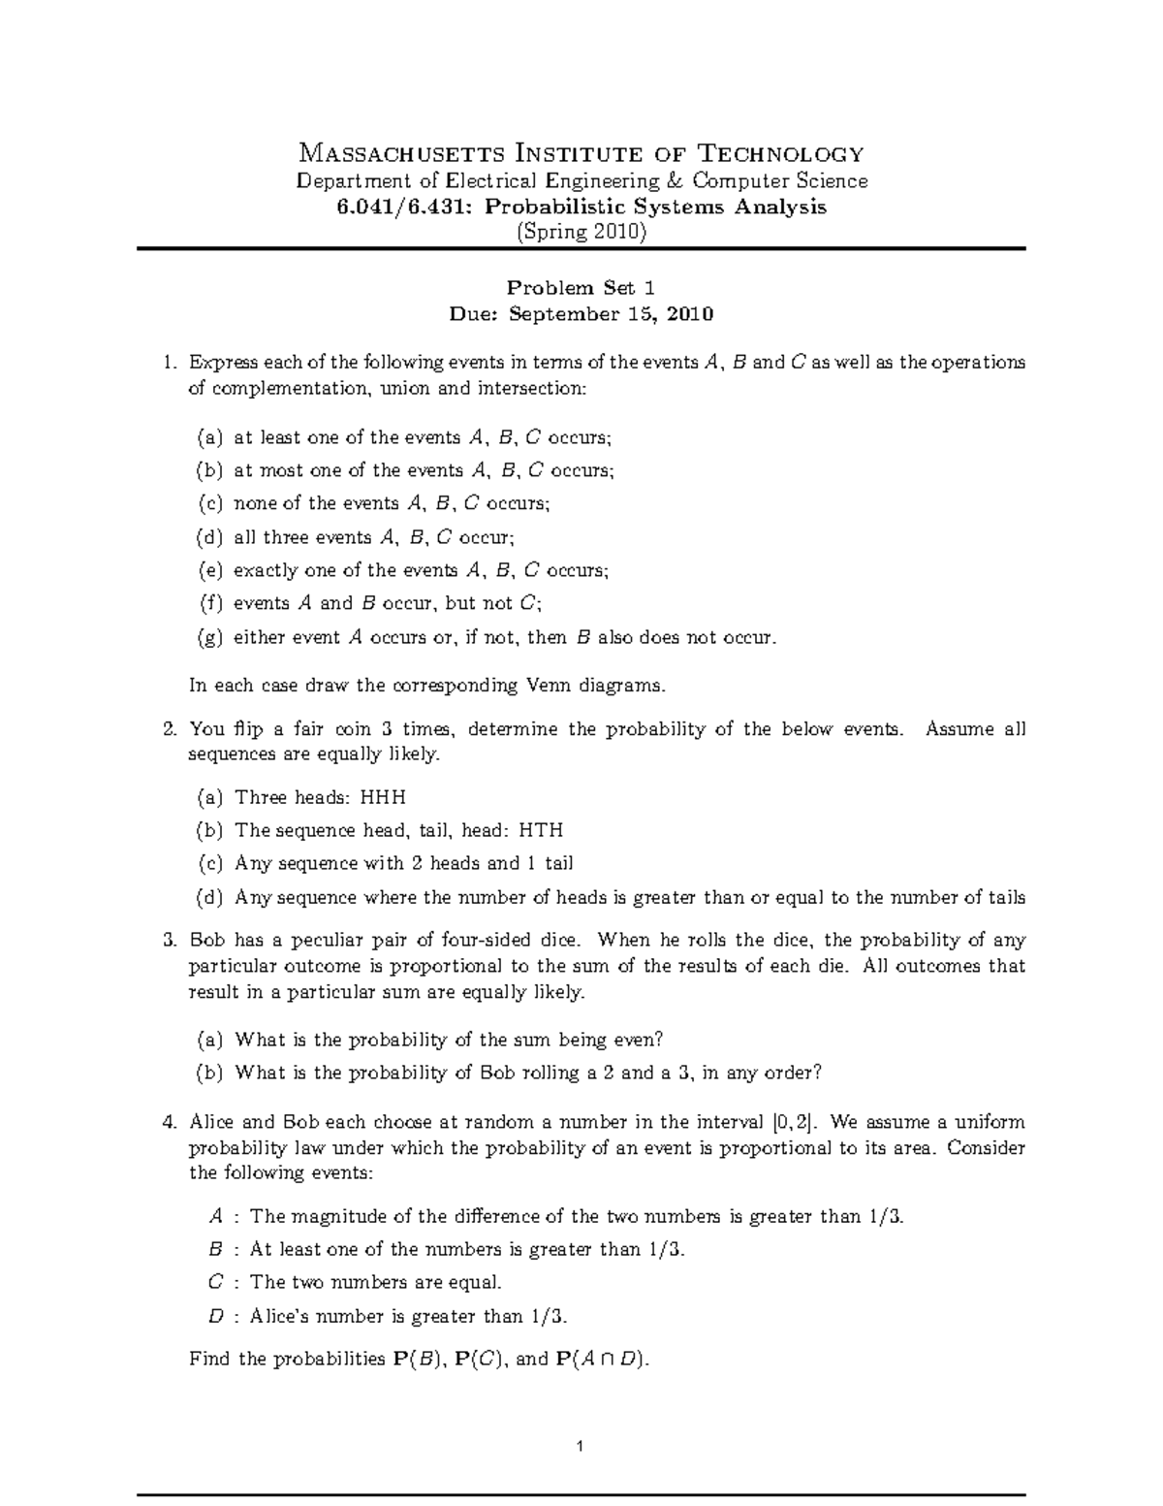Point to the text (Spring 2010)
(581, 232)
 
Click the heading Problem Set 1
(581, 288)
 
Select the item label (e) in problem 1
(209, 570)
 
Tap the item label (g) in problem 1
(209, 637)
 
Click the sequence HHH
(383, 797)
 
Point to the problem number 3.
(169, 940)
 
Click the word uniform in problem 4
(990, 1122)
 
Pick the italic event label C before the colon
(216, 1282)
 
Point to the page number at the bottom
(580, 1448)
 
